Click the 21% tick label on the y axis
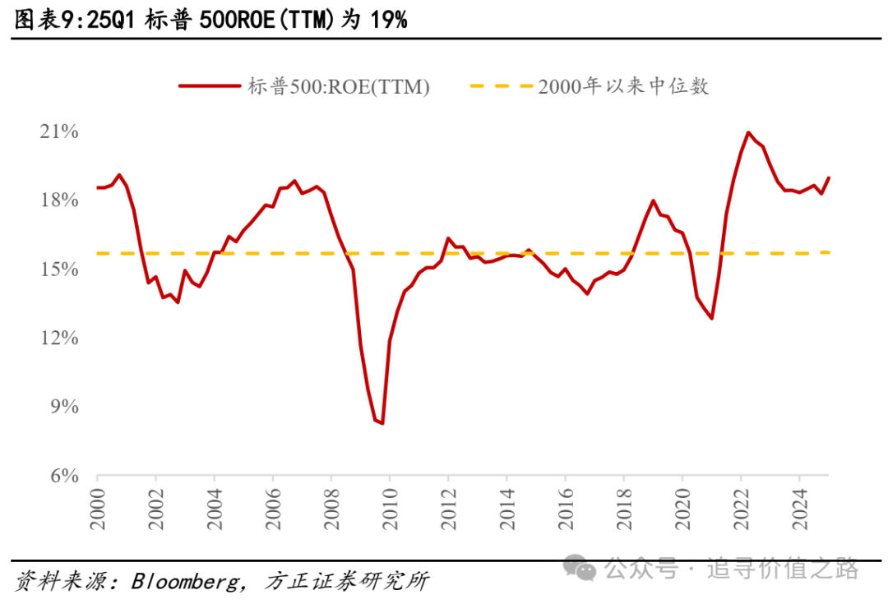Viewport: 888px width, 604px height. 58,132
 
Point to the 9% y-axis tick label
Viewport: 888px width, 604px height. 62,407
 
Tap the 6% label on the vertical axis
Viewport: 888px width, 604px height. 62,476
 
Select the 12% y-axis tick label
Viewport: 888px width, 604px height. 58,339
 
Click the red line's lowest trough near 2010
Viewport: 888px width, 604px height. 382,423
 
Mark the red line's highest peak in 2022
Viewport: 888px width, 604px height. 748,132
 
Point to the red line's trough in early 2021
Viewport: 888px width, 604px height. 712,319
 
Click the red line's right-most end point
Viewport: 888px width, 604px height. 828,178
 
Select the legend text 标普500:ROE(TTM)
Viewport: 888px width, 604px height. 339,86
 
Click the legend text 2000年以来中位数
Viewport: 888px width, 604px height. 623,86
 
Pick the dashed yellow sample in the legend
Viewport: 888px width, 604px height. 500,86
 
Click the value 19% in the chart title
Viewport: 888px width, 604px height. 388,20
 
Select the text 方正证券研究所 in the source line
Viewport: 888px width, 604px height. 346,583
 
